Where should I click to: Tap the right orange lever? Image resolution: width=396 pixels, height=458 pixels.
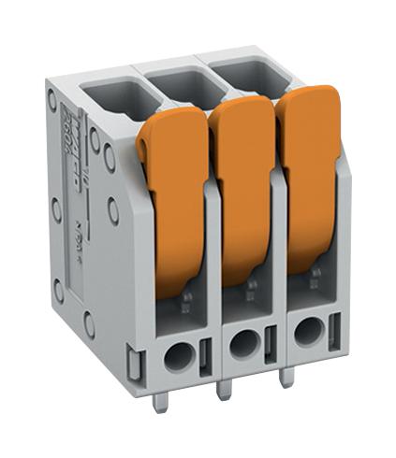310,178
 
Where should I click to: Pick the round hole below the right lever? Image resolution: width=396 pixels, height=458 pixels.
305,334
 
